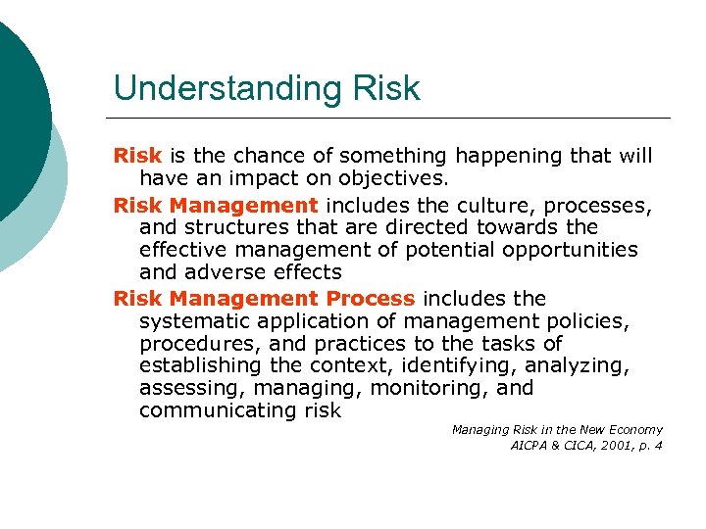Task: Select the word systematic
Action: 197,320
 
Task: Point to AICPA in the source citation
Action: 530,446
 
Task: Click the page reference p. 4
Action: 649,446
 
